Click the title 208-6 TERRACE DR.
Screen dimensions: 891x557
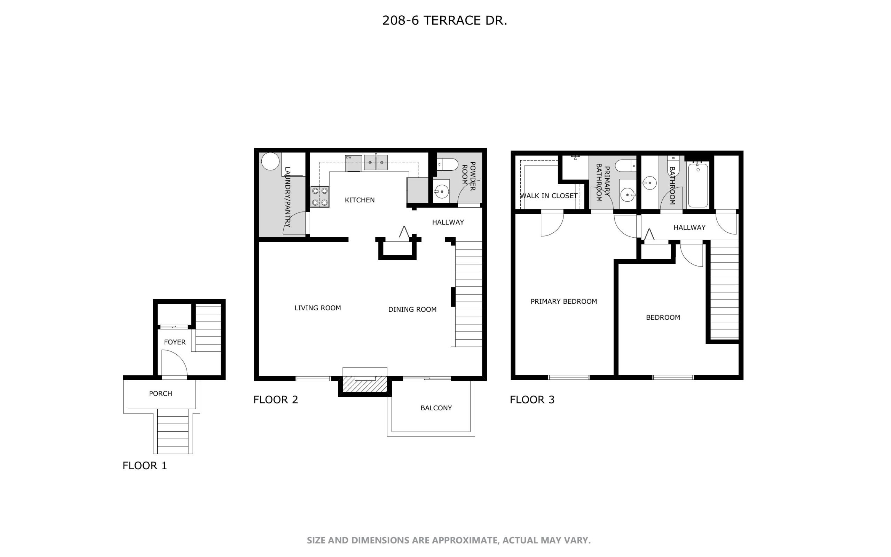coord(444,21)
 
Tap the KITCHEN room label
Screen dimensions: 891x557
coord(360,200)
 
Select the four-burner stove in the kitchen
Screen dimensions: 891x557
coord(320,197)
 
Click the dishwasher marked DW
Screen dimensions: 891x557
coord(353,163)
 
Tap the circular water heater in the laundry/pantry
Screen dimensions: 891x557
coord(270,161)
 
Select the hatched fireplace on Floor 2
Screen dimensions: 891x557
coord(365,384)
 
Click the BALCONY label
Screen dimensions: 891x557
coord(436,408)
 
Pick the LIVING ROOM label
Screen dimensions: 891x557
coord(318,308)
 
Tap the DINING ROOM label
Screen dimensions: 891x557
coord(412,309)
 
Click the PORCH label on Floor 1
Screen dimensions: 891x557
coord(160,393)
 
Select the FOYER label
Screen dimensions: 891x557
coord(175,342)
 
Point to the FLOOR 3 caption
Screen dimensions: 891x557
coord(532,400)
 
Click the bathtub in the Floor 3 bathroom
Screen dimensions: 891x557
coord(698,185)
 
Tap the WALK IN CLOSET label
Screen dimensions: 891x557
coord(549,196)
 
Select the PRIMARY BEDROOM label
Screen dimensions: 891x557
coord(563,301)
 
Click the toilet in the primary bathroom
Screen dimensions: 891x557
coord(626,166)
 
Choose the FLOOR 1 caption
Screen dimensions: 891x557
coord(145,466)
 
